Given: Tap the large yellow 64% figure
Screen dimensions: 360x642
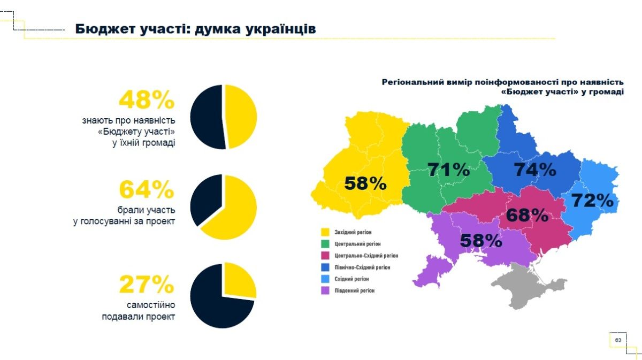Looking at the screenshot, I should click(146, 190).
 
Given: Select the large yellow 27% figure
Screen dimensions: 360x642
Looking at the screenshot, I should click(146, 285).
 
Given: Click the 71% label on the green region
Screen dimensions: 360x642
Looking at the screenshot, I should click(448, 170).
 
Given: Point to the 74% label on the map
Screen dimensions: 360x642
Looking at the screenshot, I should click(535, 170).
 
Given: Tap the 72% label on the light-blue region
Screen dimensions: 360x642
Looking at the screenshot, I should click(592, 201).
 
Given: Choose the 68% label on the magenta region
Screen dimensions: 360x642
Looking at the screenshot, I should click(527, 216).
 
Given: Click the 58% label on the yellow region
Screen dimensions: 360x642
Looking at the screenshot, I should click(365, 183).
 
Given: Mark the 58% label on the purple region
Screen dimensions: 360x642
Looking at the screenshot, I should click(481, 241).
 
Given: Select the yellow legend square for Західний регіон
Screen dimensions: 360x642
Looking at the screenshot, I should click(324, 232).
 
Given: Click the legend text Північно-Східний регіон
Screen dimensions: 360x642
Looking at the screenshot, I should click(362, 267).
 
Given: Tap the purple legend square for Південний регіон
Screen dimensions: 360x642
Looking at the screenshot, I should click(324, 291).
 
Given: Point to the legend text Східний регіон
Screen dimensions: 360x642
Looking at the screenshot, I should click(351, 279).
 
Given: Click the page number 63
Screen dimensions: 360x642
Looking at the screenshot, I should click(618, 340).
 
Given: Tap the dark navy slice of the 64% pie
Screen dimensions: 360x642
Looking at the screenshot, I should click(206, 198).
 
